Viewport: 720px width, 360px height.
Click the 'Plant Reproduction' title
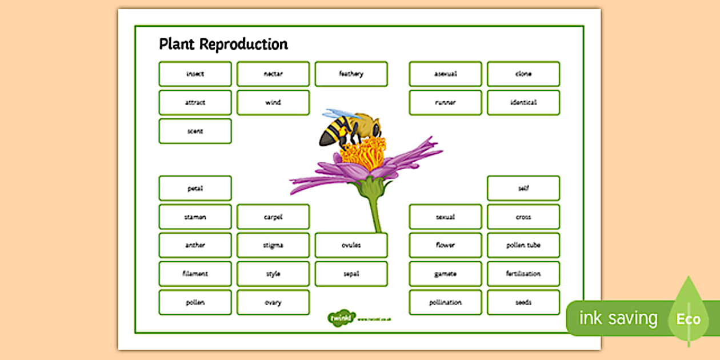223,45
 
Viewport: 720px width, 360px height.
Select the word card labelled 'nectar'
273,74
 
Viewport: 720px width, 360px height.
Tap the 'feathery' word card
351,74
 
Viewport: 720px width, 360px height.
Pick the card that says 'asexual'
445,74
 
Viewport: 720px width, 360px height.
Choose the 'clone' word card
523,74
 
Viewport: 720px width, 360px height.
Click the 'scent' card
195,131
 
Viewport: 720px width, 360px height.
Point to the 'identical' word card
523,102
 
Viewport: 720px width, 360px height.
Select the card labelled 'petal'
195,188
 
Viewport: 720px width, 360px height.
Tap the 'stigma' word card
273,245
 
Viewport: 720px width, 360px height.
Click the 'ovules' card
351,245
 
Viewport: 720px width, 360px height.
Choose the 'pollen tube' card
523,245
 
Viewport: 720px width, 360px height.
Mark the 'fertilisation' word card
523,274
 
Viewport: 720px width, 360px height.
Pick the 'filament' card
195,274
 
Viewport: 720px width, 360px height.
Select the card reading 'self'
523,188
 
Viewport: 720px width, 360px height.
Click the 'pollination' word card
445,302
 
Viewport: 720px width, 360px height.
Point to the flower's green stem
375,214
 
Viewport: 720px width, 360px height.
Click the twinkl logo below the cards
342,318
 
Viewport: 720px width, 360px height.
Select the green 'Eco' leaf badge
688,317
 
